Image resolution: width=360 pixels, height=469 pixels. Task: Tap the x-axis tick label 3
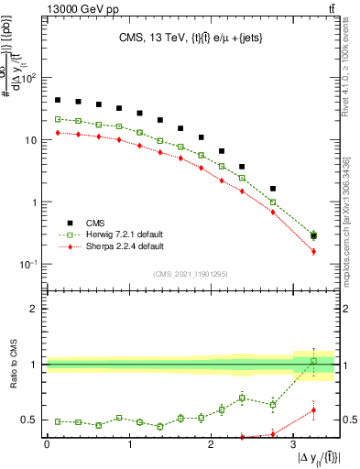click(x=294, y=444)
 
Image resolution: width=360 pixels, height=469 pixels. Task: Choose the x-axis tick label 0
click(x=47, y=444)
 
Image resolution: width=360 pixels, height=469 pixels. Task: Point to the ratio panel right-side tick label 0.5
click(x=349, y=420)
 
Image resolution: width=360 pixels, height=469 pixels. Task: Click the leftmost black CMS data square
click(x=58, y=100)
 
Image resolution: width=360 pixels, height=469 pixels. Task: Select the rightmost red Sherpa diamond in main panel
click(x=313, y=251)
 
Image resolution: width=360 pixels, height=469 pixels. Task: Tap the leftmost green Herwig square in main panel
click(x=58, y=119)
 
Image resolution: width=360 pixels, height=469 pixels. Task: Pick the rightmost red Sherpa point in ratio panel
click(x=313, y=410)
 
